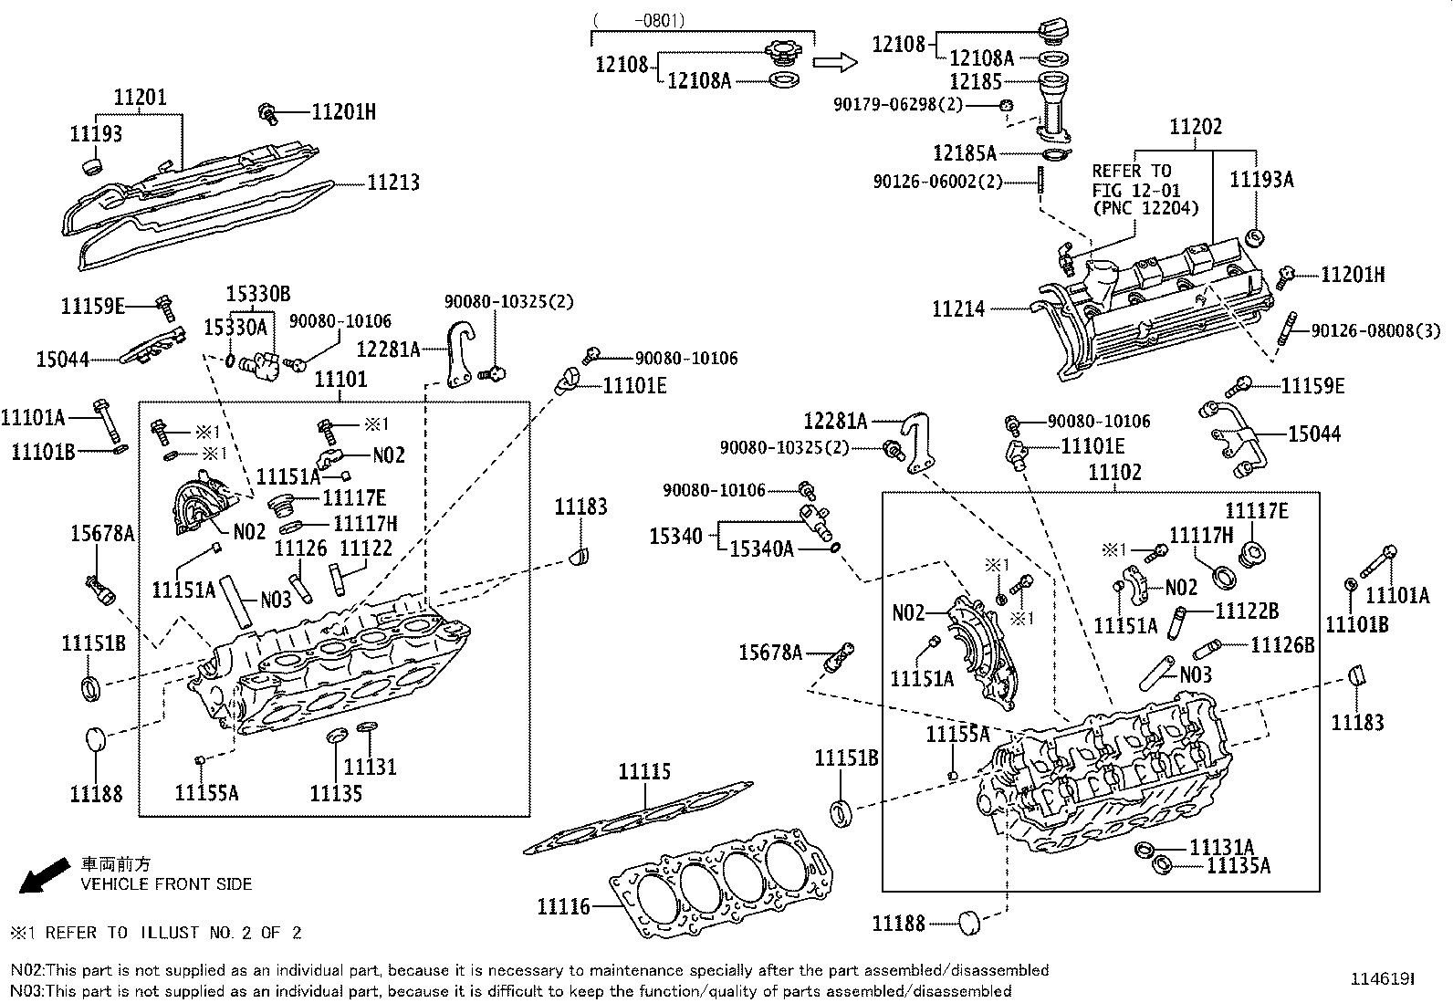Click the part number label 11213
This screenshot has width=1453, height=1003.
(x=393, y=183)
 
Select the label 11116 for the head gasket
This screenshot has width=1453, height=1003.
(x=563, y=906)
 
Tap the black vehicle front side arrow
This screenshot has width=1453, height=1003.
(x=44, y=875)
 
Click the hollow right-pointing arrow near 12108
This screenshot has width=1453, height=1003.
(x=835, y=62)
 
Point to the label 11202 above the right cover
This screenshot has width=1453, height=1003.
(x=1196, y=126)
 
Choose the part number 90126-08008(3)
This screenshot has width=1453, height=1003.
(x=1375, y=331)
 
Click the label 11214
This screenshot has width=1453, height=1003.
(x=958, y=308)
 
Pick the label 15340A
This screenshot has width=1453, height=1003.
(x=761, y=549)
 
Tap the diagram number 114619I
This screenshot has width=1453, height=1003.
(x=1383, y=978)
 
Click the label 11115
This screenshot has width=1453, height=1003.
(x=644, y=771)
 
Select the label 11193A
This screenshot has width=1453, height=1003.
(x=1261, y=179)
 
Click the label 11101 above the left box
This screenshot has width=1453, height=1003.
(x=340, y=379)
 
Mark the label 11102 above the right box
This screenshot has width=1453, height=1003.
(x=1114, y=472)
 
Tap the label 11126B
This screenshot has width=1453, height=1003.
(x=1282, y=645)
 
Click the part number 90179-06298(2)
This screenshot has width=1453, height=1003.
(x=898, y=104)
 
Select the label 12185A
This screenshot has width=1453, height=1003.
(x=965, y=153)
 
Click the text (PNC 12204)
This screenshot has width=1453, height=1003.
(x=1145, y=208)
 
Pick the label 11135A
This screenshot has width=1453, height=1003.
(x=1239, y=865)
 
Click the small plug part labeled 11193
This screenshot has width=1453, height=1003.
(x=93, y=165)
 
